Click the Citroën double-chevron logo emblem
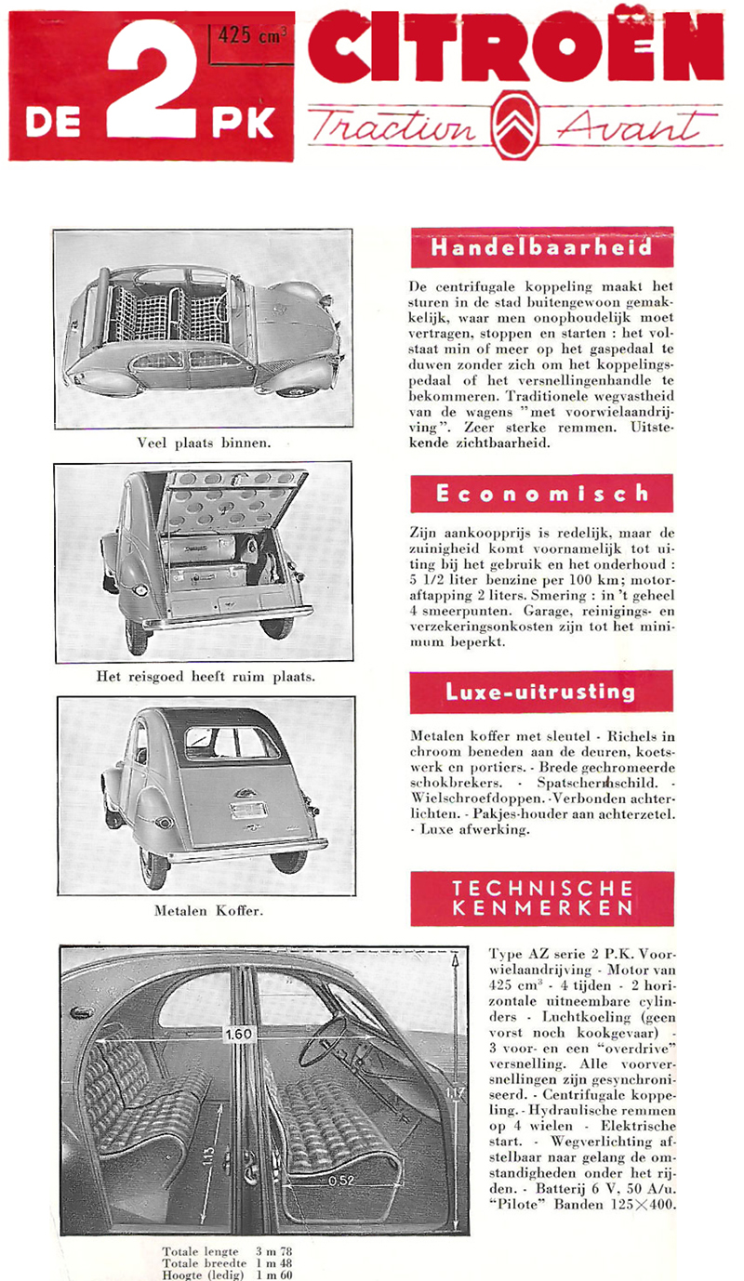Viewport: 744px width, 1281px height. tap(515, 125)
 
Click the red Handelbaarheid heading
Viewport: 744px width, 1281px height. tap(541, 248)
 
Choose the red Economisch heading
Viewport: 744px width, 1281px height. tap(541, 494)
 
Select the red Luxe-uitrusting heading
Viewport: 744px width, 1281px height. tap(541, 692)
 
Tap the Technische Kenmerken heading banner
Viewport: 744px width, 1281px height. tap(541, 898)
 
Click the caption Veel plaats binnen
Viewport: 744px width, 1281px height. tap(204, 442)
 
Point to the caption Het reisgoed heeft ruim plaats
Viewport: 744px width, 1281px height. tap(206, 677)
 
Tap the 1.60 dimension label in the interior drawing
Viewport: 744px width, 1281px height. tap(239, 1035)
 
